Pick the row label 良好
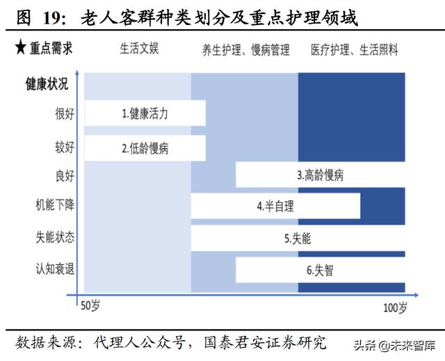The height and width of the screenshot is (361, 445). tap(65, 175)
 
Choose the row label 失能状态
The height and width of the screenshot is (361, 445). tap(56, 236)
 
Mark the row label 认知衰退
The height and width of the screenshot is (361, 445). tap(56, 268)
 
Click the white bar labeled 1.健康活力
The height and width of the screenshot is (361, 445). tap(143, 113)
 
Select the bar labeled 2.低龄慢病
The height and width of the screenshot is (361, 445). tap(143, 147)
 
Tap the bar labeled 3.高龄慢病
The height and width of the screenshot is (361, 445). tap(320, 175)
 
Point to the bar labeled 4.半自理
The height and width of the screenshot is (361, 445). tap(275, 206)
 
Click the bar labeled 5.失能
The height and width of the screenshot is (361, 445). tap(298, 238)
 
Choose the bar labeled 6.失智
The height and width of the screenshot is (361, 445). tap(320, 270)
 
